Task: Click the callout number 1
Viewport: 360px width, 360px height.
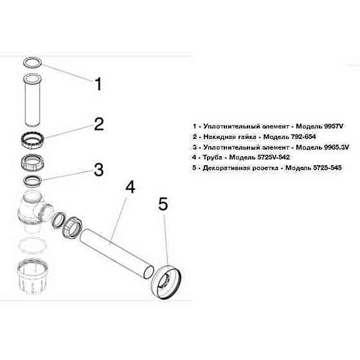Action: pos(98,84)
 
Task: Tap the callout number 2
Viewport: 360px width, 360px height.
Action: pos(98,124)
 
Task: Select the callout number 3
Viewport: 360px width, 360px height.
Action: pos(98,169)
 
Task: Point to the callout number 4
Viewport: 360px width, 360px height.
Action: pos(130,188)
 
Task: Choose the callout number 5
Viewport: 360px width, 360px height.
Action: pos(163,204)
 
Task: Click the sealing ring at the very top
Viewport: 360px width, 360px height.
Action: pos(32,62)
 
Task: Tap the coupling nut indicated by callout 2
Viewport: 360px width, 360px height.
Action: pos(32,139)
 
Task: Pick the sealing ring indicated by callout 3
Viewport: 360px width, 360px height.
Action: pos(32,179)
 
